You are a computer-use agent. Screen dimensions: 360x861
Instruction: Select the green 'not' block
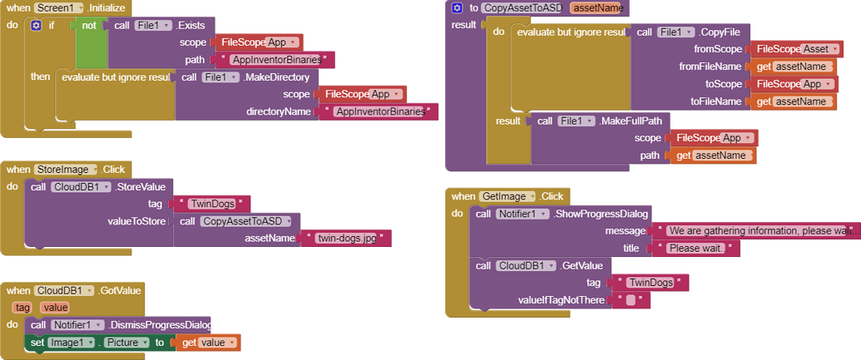88,25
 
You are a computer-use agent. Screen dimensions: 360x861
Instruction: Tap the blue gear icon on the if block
35,25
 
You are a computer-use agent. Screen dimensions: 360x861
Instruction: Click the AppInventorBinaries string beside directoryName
378,111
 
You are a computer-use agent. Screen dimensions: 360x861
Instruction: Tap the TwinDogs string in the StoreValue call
208,204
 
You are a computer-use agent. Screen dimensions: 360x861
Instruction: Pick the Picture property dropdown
126,343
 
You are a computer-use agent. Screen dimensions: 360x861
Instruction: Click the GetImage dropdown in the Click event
507,196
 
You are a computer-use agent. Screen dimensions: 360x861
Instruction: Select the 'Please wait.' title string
696,248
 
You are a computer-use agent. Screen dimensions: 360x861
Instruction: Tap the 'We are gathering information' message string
757,230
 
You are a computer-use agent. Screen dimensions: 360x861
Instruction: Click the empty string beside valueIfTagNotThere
630,300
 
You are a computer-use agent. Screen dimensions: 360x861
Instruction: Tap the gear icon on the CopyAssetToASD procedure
457,7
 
